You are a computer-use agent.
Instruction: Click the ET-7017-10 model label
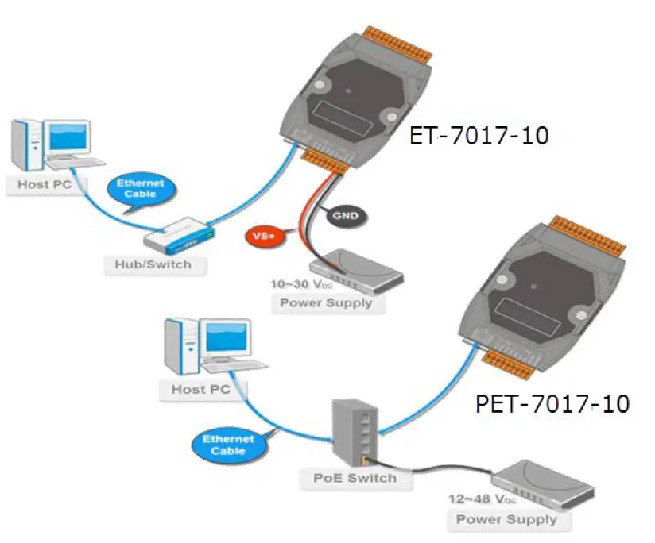pyautogui.click(x=479, y=136)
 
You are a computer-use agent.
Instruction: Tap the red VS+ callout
pyautogui.click(x=260, y=236)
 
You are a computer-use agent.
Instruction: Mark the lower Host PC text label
pyautogui.click(x=200, y=390)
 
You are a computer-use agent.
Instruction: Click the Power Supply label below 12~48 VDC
pyautogui.click(x=506, y=520)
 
